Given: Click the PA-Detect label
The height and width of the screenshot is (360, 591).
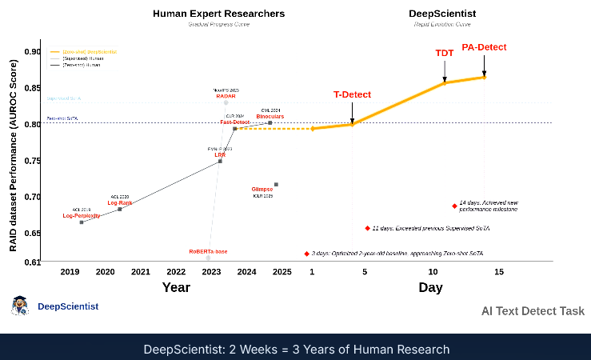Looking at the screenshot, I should (484, 47).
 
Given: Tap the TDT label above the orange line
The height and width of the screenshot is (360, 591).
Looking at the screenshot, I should (445, 53).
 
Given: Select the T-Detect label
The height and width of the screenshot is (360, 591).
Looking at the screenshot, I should (352, 94).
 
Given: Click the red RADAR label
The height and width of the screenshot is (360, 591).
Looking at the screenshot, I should (226, 97).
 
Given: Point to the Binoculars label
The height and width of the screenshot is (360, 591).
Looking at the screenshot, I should (270, 117).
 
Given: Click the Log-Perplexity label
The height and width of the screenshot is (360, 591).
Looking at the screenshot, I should (82, 216).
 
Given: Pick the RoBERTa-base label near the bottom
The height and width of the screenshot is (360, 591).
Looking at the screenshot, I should (208, 251).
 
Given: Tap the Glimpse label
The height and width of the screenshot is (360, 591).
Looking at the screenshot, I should (262, 189).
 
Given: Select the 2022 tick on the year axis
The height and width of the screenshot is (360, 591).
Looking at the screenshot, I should (176, 272).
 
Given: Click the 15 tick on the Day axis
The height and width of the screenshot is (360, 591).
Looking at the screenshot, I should (499, 272).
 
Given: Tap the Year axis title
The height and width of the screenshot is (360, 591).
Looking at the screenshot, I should (176, 287).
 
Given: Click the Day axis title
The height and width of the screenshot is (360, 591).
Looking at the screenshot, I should (430, 287).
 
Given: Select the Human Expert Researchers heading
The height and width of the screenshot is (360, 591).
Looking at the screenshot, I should (218, 14).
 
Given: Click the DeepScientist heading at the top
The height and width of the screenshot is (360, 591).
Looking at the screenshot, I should (442, 14).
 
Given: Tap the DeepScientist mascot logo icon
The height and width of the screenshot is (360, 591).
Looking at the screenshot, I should (20, 306).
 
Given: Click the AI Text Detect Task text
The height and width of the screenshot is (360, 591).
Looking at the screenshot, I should (533, 311).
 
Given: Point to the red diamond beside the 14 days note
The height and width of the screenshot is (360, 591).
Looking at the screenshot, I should (454, 206).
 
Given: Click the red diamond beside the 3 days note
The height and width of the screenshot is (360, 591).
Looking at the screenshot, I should (306, 254).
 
